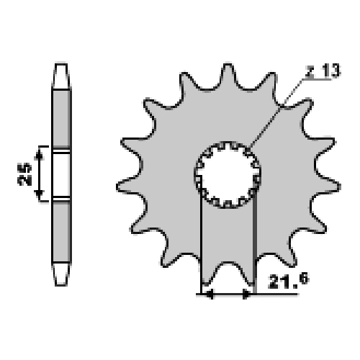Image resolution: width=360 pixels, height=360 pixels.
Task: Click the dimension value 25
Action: point(24,174)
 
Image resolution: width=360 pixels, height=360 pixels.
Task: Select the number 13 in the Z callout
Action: point(330,71)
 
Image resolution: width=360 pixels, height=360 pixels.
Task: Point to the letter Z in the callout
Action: point(310,71)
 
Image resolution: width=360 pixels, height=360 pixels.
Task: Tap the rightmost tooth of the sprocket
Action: point(327,186)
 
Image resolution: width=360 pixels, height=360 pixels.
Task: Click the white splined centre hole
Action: point(228,175)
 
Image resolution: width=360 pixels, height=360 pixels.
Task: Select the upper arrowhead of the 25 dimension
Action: point(39,156)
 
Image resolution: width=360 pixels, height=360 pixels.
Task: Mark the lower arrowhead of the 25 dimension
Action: point(39,194)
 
